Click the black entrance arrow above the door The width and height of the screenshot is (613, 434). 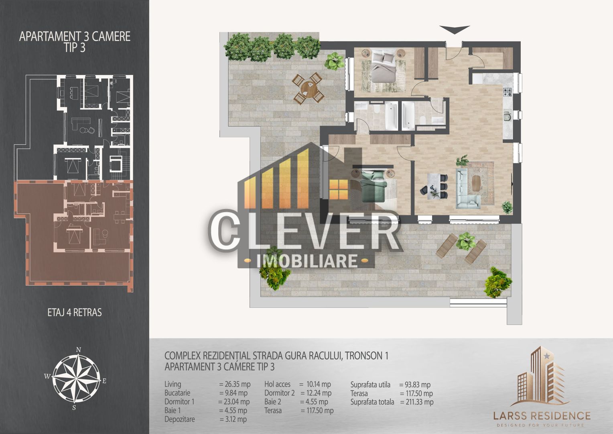(454, 30)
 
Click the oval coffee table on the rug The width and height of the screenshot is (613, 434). (477, 184)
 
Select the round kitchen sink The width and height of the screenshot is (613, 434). (507, 117)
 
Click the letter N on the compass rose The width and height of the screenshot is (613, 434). (79, 349)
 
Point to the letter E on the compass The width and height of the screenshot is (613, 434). (104, 381)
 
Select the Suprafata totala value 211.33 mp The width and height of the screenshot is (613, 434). (417, 402)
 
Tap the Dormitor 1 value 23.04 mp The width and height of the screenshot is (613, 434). (234, 401)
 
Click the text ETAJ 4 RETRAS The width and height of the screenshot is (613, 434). (75, 312)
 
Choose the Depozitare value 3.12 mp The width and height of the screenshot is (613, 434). (233, 419)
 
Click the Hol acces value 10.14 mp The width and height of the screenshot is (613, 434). (315, 384)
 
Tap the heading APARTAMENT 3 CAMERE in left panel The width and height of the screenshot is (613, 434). (75, 36)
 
